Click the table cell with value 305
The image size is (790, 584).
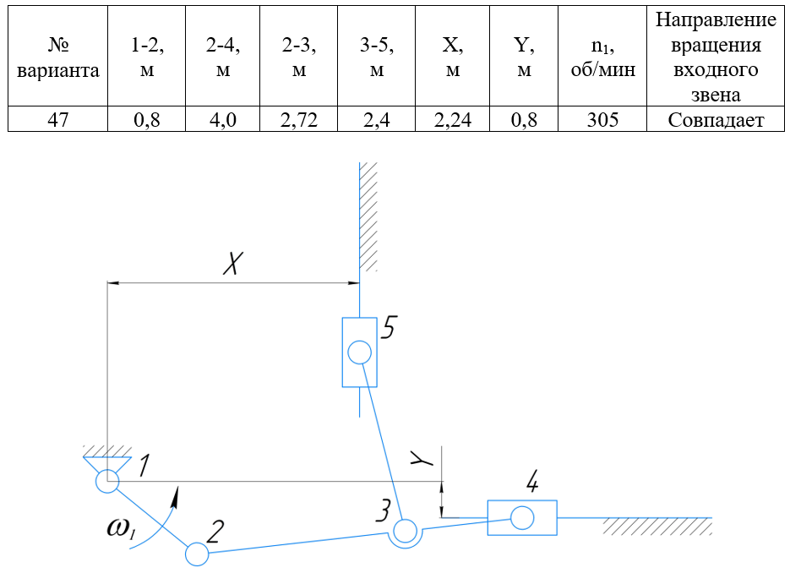coord(602,119)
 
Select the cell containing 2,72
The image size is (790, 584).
coord(299,119)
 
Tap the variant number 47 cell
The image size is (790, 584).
coord(58,119)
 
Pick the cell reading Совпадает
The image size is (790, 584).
coord(716,119)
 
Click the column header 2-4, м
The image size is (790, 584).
coord(223,56)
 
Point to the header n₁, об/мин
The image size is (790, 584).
coord(602,56)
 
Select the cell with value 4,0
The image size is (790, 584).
coord(223,119)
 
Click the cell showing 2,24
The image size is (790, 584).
coord(452,119)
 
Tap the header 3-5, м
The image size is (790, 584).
coord(376,56)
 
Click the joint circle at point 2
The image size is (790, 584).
coord(197,554)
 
